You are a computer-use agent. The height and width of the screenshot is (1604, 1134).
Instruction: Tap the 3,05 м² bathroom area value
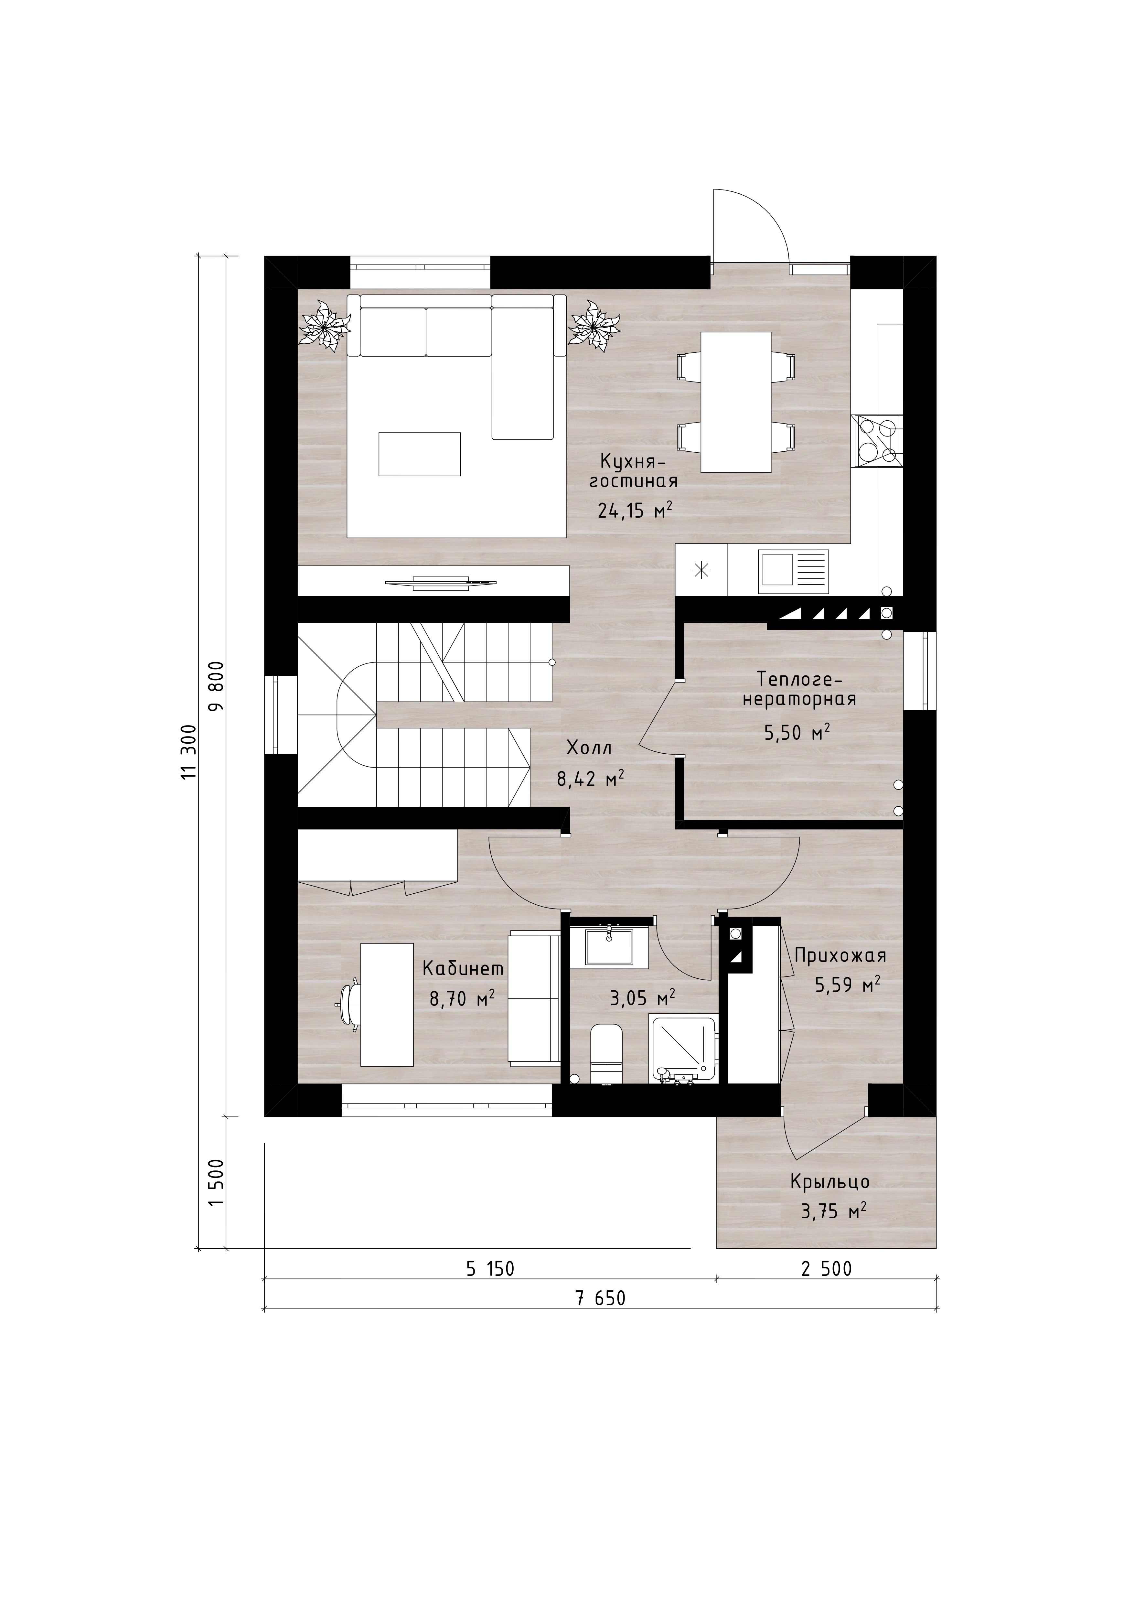click(x=642, y=998)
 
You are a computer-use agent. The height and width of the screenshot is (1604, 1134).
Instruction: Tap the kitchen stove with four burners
click(x=877, y=442)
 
